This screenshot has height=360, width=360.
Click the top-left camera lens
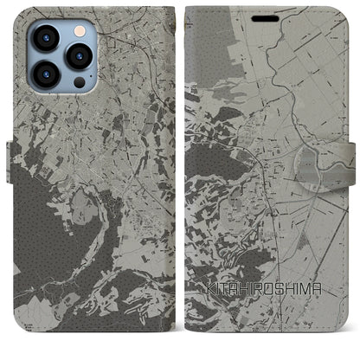pos(45,38)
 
